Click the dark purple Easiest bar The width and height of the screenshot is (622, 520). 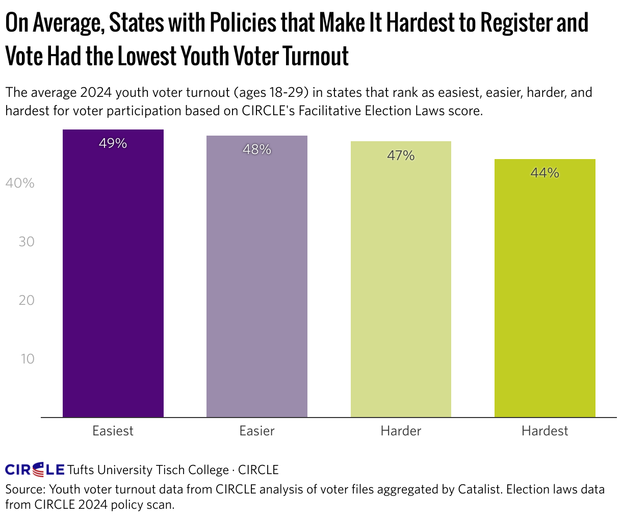click(x=113, y=275)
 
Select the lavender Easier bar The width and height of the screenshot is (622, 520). click(x=257, y=278)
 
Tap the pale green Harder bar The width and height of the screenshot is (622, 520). click(x=401, y=280)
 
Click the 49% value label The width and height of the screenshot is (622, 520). click(x=113, y=144)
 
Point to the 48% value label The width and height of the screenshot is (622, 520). click(x=257, y=150)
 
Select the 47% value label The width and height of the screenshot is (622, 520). click(x=401, y=155)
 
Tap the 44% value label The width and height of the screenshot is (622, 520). click(x=545, y=173)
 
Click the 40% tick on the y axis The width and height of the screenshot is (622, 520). click(x=20, y=183)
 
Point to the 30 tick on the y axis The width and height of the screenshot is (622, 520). click(x=27, y=242)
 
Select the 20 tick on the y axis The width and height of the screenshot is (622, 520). click(x=27, y=300)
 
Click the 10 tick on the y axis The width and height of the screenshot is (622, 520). click(x=28, y=359)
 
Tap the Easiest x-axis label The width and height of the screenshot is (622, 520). click(x=113, y=431)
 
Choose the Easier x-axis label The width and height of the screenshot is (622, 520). click(x=257, y=431)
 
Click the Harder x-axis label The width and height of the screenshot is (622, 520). click(x=401, y=431)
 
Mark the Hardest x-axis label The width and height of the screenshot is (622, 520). click(x=545, y=431)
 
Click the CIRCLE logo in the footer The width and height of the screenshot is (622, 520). click(x=35, y=470)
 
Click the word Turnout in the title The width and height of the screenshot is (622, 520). click(x=316, y=56)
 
